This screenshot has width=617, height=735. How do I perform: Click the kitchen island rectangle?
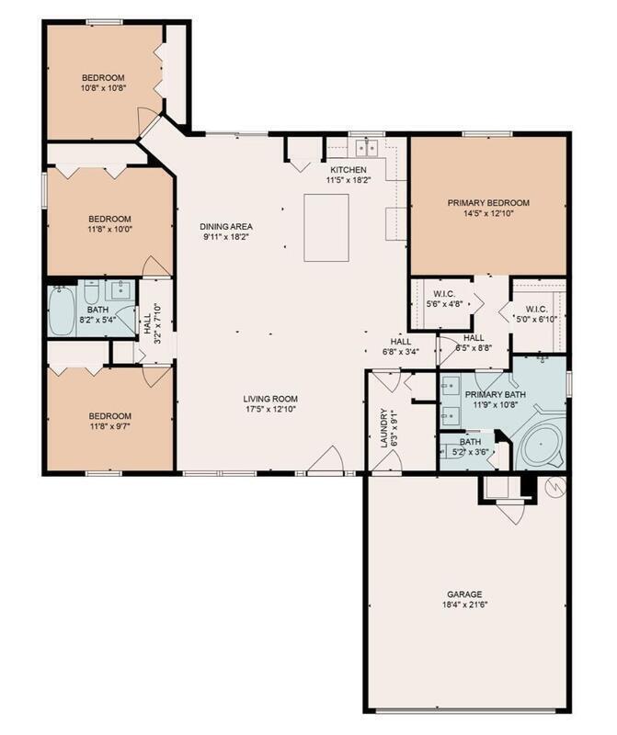coord(326,227)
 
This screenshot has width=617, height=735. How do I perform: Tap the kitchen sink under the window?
coord(367,148)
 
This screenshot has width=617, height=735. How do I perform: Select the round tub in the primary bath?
coord(541,445)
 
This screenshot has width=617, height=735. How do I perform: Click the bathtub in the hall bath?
coord(62,311)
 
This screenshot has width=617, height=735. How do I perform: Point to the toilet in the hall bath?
coord(90,293)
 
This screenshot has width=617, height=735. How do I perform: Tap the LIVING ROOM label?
coord(270,399)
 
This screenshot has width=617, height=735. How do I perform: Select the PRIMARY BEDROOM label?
coord(488,203)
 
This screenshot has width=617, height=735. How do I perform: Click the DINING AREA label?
coord(226,226)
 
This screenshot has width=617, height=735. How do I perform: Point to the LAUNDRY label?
coord(384,428)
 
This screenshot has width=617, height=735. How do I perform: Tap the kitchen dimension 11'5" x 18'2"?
coord(348,179)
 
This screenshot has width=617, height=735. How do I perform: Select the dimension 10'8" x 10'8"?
coord(103,87)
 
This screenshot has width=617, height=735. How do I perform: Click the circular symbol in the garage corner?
coord(554,488)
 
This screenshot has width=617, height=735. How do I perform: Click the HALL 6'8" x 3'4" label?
coord(401,346)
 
